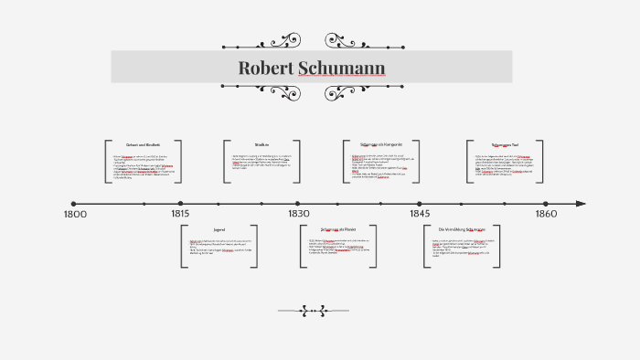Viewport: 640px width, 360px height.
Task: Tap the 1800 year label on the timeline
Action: click(x=75, y=214)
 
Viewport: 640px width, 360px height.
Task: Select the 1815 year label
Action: click(x=180, y=214)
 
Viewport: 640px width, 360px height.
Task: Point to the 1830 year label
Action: click(x=299, y=214)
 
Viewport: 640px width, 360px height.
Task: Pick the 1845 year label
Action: click(x=420, y=214)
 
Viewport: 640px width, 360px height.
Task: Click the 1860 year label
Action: click(x=545, y=214)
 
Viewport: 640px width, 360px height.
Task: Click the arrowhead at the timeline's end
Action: click(x=581, y=204)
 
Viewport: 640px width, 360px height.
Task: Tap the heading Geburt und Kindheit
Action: click(x=144, y=145)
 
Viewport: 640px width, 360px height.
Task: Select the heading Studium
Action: click(x=261, y=144)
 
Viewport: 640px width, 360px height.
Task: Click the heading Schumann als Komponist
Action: click(x=381, y=144)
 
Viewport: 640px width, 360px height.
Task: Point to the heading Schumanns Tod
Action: click(x=504, y=144)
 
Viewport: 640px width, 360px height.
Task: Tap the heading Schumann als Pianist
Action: click(x=338, y=228)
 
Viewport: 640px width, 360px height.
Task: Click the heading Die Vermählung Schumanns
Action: click(x=462, y=228)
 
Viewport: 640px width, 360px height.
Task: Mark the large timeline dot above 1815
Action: click(x=180, y=204)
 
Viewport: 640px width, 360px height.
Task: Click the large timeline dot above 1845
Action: click(x=420, y=204)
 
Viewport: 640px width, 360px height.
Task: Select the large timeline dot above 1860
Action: click(x=545, y=204)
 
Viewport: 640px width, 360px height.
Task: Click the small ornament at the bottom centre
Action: click(x=313, y=311)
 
